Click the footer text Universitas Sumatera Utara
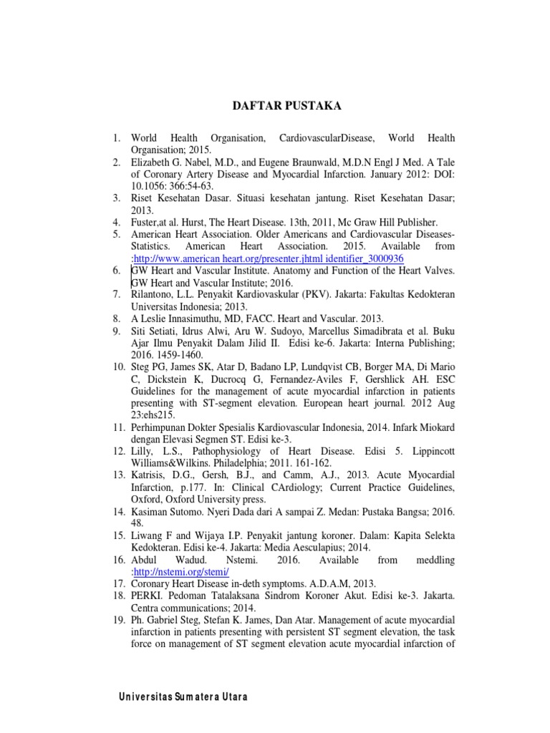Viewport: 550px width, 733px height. click(x=183, y=697)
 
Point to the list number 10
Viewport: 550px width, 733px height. click(x=117, y=367)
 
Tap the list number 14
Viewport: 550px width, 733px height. click(x=117, y=512)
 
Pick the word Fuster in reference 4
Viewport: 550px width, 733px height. click(x=147, y=222)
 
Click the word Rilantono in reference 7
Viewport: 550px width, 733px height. click(x=155, y=294)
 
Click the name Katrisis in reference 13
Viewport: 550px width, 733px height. click(x=151, y=475)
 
